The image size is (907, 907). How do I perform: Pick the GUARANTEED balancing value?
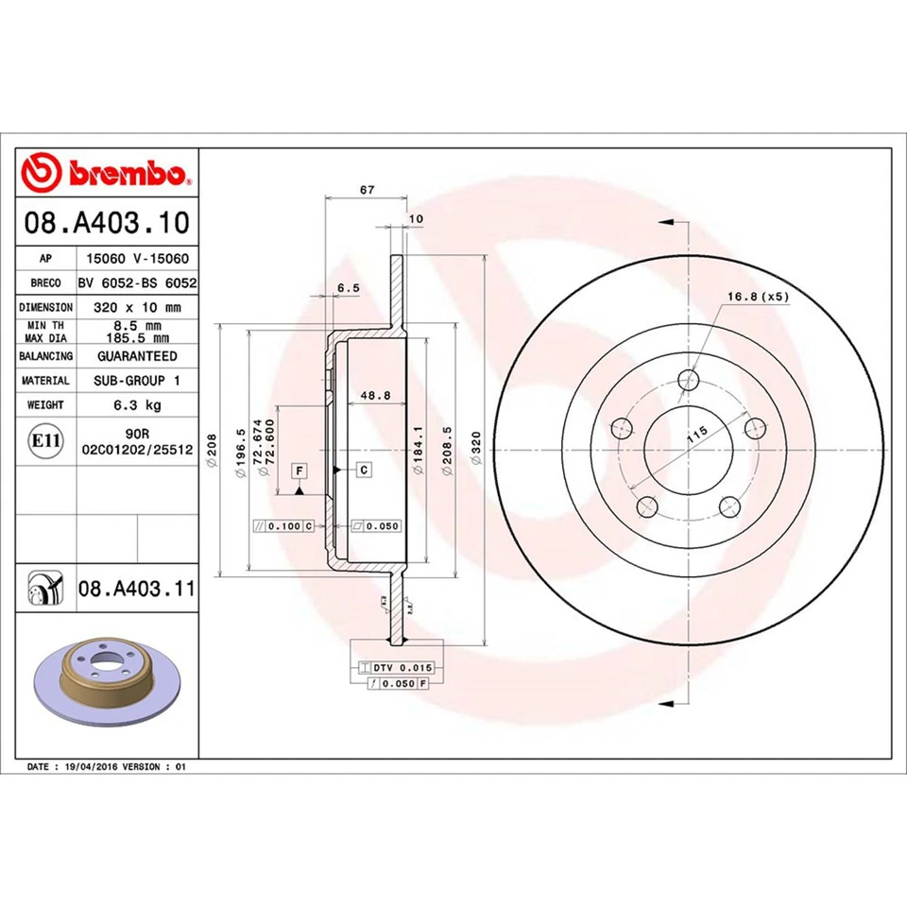tap(137, 356)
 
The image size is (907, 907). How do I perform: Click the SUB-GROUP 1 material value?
tap(137, 380)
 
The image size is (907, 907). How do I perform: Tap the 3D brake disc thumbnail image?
tap(106, 678)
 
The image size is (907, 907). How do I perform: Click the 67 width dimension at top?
tap(367, 190)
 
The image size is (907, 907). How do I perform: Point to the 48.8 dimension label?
tap(375, 396)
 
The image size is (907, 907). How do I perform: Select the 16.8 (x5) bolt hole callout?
tap(757, 297)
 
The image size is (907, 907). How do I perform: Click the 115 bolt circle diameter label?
tap(698, 436)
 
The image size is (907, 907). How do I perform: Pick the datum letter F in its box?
tap(299, 470)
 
